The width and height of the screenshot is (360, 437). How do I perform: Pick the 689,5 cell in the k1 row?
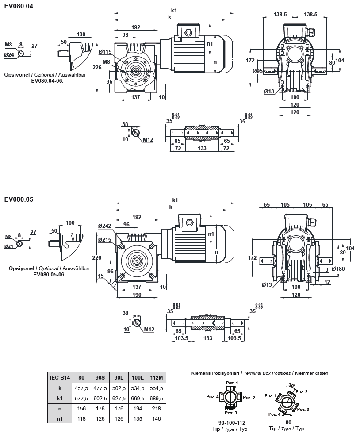pos(157,399)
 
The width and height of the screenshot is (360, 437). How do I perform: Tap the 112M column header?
pos(157,378)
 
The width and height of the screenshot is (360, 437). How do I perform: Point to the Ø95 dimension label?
pos(258,71)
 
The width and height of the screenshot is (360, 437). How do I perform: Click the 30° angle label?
pos(291,386)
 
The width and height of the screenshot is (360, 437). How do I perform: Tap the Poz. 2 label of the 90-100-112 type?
pos(249,398)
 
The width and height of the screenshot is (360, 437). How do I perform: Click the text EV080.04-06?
pos(48,81)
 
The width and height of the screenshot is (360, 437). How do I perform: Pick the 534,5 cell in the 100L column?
pos(138,388)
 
